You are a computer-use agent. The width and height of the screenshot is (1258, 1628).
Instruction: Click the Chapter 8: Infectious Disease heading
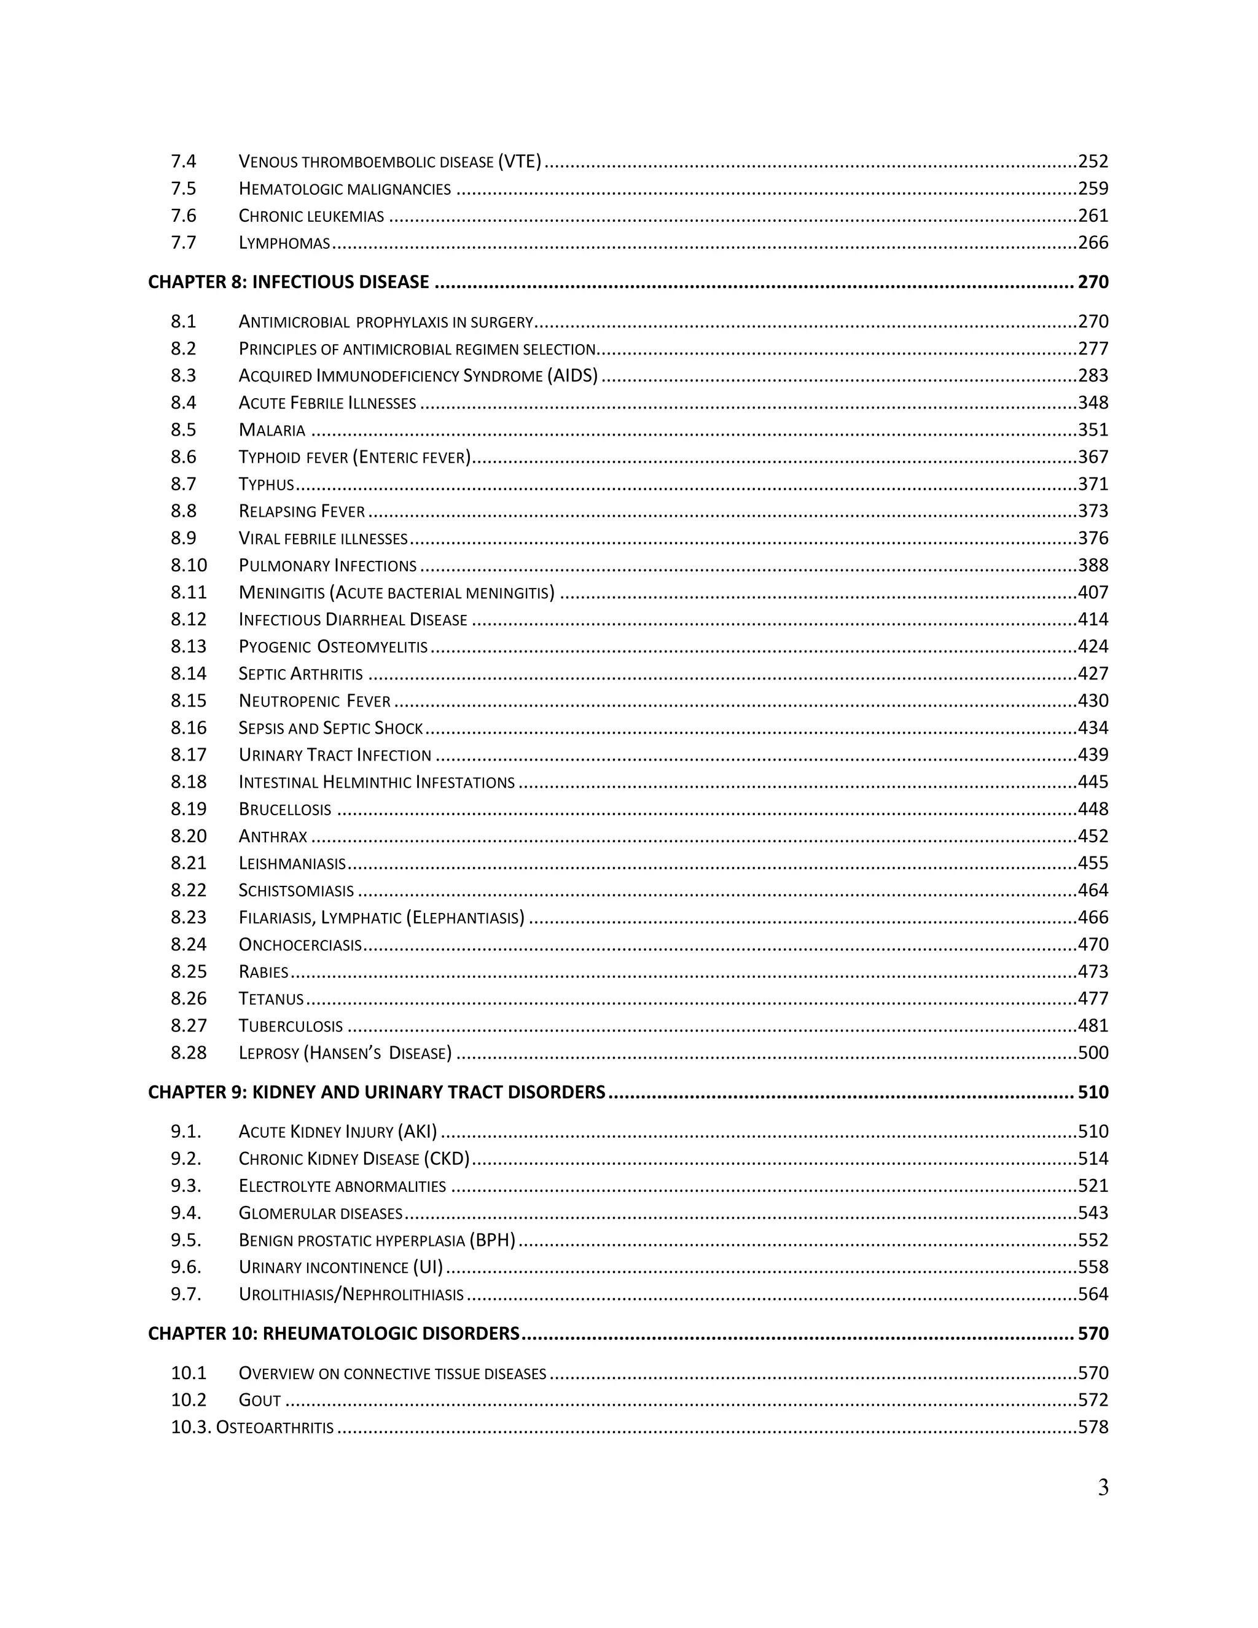tap(289, 282)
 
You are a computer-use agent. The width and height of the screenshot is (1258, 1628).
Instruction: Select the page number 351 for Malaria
tap(1093, 430)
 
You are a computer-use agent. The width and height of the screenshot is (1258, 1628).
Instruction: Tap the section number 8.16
tap(189, 727)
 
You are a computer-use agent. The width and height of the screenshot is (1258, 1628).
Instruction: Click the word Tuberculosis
tap(291, 1026)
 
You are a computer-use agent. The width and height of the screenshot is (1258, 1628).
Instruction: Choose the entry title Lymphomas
tap(284, 243)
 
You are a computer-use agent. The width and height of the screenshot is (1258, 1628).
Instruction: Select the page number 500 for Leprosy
tap(1093, 1052)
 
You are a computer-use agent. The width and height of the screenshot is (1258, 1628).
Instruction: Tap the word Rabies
tap(263, 972)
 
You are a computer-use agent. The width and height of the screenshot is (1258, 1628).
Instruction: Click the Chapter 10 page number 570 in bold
tap(1093, 1334)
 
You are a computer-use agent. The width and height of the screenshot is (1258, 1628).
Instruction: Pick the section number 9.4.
tap(186, 1213)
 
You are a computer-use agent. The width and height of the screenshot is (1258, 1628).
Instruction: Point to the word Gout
tap(259, 1400)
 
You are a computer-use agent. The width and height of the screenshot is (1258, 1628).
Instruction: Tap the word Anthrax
tap(273, 836)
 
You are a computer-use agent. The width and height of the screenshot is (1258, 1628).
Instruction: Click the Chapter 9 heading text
tap(377, 1092)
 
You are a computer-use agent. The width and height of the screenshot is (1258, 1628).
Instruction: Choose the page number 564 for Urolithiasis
tap(1093, 1294)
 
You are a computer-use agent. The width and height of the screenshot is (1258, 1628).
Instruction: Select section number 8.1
tap(183, 322)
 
